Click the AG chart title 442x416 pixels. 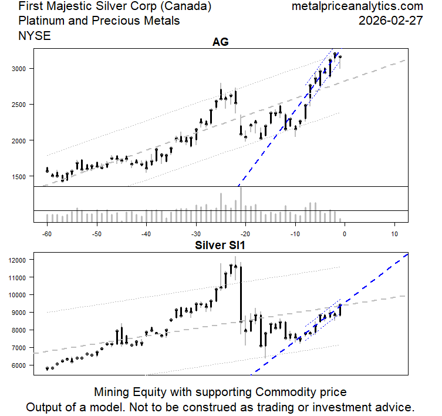click(220, 42)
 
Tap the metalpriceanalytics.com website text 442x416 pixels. click(357, 6)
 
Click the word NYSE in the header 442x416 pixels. click(35, 36)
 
